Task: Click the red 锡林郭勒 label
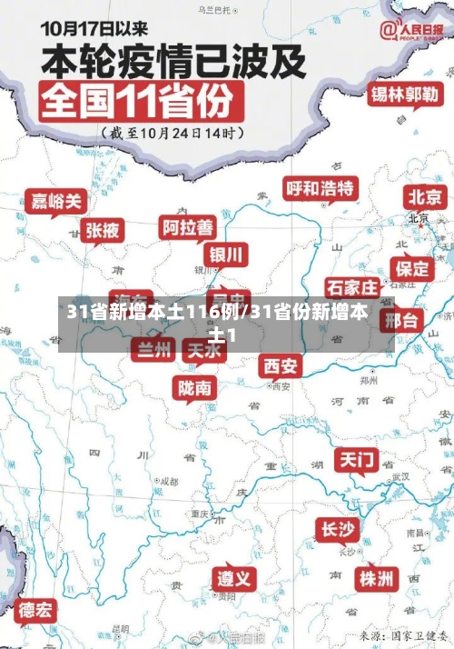(x=404, y=94)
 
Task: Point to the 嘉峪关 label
(x=54, y=200)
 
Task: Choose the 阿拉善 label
(x=188, y=226)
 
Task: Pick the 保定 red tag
(x=411, y=268)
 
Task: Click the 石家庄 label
(x=352, y=288)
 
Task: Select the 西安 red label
(x=280, y=365)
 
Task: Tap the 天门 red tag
(x=357, y=459)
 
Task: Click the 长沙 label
(x=338, y=529)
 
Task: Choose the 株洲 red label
(x=375, y=578)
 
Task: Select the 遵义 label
(x=235, y=578)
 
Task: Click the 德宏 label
(x=35, y=609)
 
